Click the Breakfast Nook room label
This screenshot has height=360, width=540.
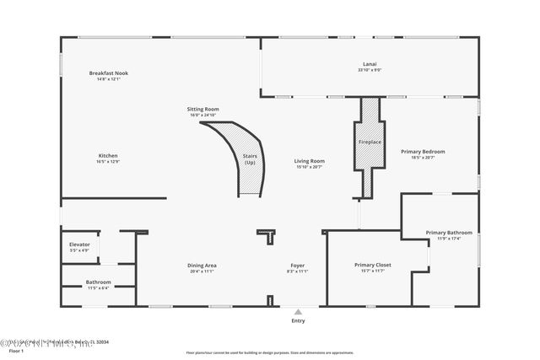(108, 73)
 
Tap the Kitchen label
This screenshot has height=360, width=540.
(108, 155)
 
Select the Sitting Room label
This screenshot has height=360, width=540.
(203, 109)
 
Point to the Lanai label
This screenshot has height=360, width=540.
(369, 62)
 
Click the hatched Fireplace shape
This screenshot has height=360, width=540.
(369, 142)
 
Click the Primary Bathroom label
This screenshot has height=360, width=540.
(448, 233)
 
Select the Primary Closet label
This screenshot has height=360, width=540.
(369, 265)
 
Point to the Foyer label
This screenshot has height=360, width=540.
(298, 266)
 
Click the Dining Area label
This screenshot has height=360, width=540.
(202, 266)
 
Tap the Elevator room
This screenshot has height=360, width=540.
(79, 247)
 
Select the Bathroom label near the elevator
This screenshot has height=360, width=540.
(98, 282)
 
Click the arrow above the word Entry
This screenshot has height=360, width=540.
(298, 311)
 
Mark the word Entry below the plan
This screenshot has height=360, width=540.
(298, 320)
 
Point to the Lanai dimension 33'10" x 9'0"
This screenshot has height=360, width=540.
(369, 70)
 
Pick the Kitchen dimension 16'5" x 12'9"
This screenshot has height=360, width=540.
(108, 161)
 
